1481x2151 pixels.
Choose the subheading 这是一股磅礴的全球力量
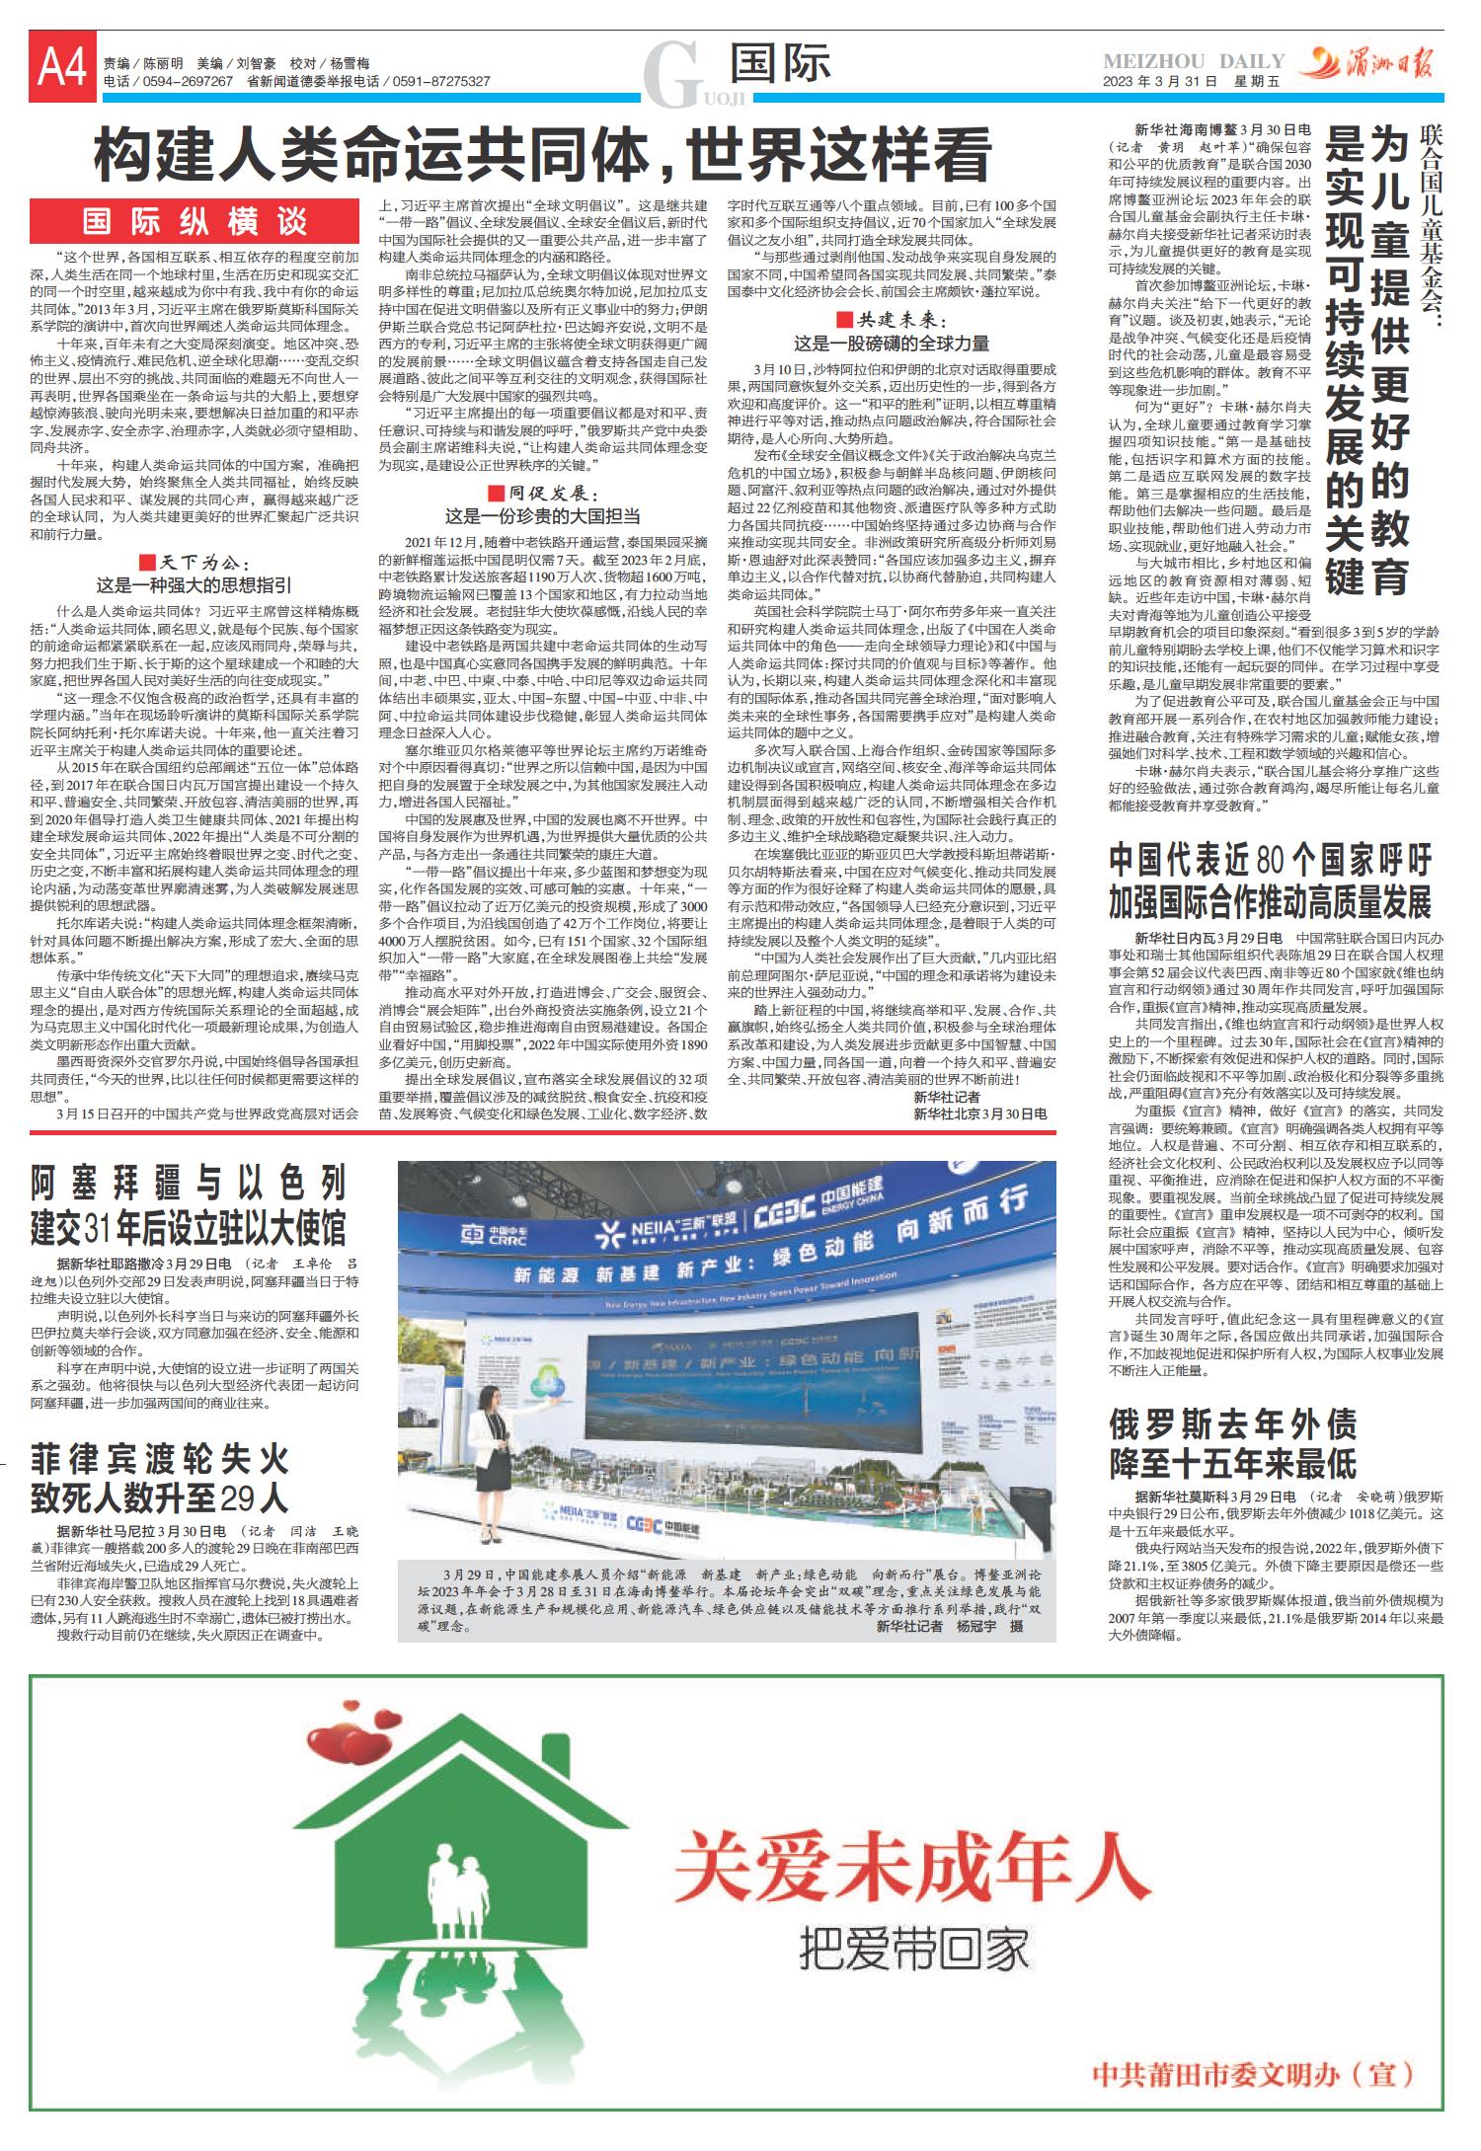[891, 343]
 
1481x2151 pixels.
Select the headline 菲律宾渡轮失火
[159, 1478]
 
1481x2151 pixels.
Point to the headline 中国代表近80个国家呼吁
[1270, 881]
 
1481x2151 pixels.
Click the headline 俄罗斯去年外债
[1233, 1442]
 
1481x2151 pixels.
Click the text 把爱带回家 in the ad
[913, 1951]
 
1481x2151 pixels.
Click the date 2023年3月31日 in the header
[1159, 82]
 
